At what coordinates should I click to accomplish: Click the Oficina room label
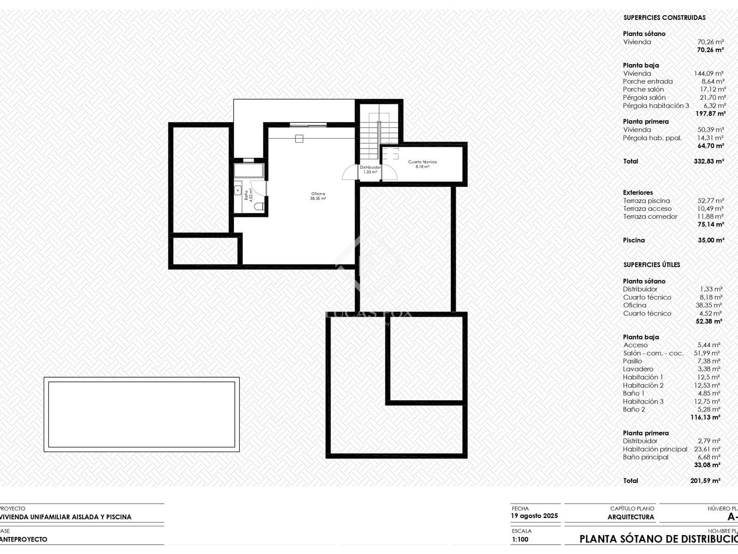click(x=318, y=194)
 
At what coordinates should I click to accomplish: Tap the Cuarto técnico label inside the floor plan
click(x=422, y=162)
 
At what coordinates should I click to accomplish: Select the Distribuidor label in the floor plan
click(x=370, y=167)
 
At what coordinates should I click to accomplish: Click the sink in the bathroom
click(x=238, y=189)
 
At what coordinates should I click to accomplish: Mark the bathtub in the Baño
click(x=249, y=170)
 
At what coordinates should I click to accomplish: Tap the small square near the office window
click(x=299, y=138)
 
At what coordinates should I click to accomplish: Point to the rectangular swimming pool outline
click(x=142, y=414)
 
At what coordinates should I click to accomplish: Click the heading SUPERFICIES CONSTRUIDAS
click(x=664, y=18)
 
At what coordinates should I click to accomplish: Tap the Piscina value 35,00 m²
click(x=711, y=240)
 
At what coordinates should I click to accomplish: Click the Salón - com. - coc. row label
click(x=653, y=353)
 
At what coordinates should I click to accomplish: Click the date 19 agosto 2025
click(x=534, y=516)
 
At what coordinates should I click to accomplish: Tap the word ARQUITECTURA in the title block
click(x=631, y=517)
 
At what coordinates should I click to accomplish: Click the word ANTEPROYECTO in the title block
click(x=24, y=539)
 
